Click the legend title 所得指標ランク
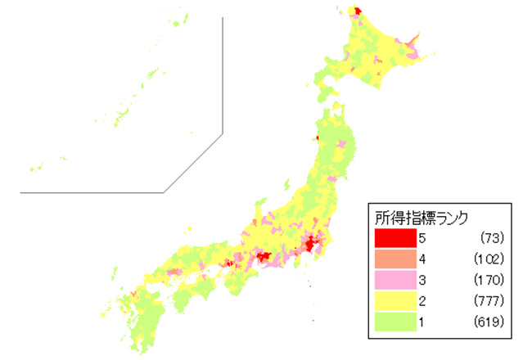421,218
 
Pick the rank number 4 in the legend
422,259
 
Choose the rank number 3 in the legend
422,279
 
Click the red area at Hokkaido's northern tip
357,11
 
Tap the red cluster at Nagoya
264,258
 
